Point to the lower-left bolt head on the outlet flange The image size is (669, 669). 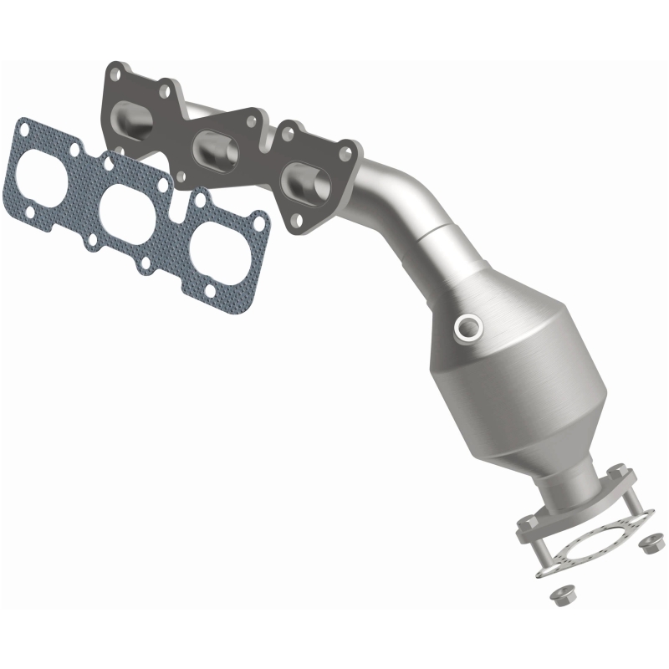(524, 528)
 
